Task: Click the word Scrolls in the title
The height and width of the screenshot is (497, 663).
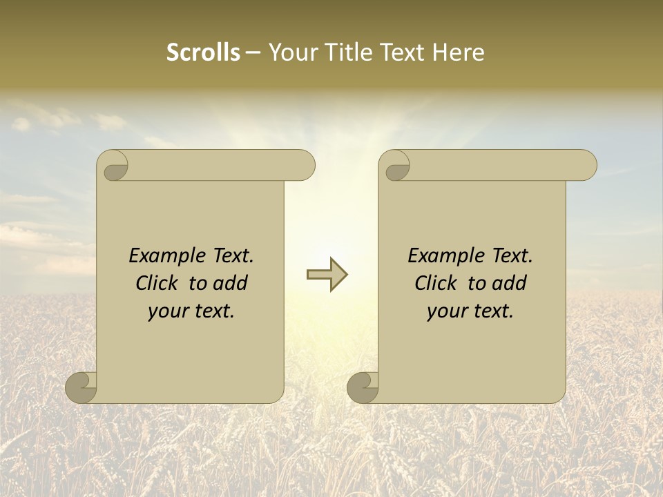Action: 203,52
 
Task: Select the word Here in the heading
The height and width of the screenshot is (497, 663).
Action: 458,52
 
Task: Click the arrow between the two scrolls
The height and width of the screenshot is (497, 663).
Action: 327,275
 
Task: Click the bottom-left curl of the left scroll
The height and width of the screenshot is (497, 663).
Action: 81,387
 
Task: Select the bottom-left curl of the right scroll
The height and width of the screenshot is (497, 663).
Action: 363,387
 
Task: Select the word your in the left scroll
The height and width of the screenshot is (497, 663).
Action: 169,312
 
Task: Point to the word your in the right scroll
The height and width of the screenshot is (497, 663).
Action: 448,312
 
